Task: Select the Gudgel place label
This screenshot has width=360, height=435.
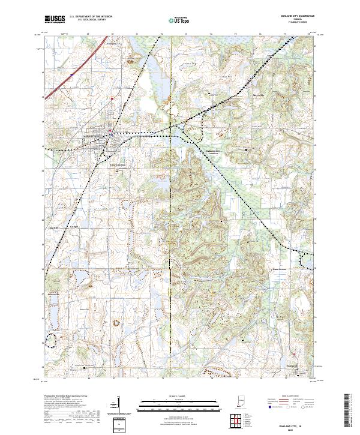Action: coord(74,227)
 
